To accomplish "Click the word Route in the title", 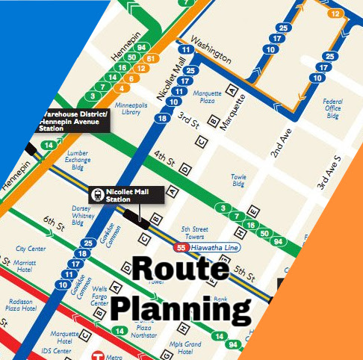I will point(180,270).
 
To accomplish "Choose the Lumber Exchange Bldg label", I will point(77,159).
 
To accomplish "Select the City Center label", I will point(31,248).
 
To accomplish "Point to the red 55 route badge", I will point(181,247).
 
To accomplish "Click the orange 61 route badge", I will point(150,58).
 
